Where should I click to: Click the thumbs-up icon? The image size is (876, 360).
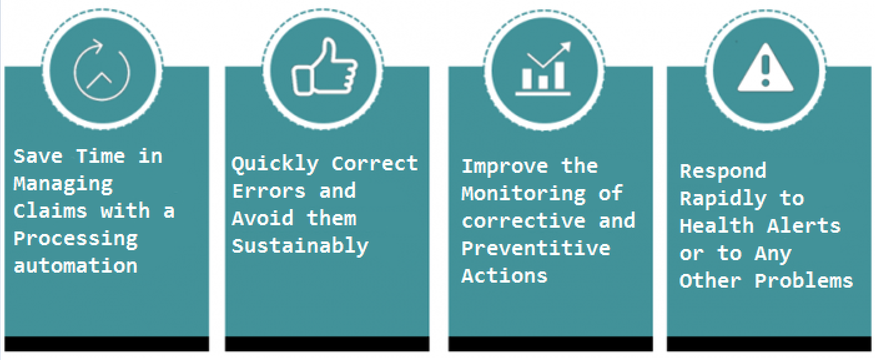click(324, 67)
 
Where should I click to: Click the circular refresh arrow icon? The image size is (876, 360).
click(101, 70)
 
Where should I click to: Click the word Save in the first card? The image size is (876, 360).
click(38, 157)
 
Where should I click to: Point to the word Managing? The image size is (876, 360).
click(64, 184)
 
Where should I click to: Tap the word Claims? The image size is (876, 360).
click(50, 211)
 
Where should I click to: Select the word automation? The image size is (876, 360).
click(75, 266)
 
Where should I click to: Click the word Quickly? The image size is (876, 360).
click(275, 164)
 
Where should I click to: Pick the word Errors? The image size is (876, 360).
click(268, 191)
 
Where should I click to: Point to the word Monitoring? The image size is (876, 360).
click(524, 194)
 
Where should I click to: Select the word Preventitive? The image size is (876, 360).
click(536, 248)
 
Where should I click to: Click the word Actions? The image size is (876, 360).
click(505, 276)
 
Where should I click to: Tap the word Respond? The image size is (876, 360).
click(723, 172)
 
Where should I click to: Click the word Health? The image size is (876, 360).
click(717, 226)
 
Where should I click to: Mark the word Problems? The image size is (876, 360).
click(804, 281)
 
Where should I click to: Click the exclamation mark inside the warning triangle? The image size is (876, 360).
click(766, 71)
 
